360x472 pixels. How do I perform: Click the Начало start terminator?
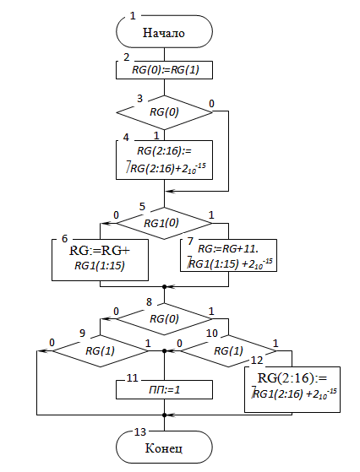tap(164, 31)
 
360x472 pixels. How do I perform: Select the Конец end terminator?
tap(164, 448)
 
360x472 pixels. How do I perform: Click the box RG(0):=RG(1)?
tap(164, 70)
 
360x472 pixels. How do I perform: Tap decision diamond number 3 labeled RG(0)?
tap(164, 112)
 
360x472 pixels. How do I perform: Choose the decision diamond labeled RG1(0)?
tap(164, 224)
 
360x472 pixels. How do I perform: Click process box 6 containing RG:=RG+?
tap(100, 260)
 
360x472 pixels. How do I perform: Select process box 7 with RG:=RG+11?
tap(228, 256)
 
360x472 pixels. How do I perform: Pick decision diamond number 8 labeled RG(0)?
tap(164, 319)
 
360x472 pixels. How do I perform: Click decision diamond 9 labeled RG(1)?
tap(100, 351)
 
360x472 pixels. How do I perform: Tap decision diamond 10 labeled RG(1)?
tap(228, 351)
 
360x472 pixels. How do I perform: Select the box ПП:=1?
tap(164, 390)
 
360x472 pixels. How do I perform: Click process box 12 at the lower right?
tap(292, 389)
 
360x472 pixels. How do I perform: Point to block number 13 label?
tap(140, 432)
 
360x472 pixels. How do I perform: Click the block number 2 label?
tap(127, 57)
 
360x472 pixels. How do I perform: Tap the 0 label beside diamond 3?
tap(211, 104)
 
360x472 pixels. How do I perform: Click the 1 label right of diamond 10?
tap(275, 343)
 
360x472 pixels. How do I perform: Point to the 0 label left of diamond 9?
tap(52, 343)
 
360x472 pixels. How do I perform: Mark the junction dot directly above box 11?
tap(164, 351)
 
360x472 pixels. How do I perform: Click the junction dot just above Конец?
tap(164, 415)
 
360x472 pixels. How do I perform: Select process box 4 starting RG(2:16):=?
tap(164, 160)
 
